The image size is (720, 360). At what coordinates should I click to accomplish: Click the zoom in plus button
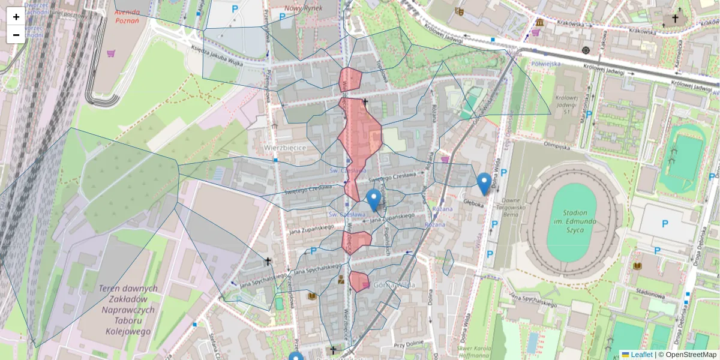pos(16,17)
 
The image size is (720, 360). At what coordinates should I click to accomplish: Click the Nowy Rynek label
pos(303,8)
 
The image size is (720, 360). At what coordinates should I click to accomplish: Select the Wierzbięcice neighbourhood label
pos(285,147)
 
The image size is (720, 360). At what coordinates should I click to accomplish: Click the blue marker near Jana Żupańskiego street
pos(374,200)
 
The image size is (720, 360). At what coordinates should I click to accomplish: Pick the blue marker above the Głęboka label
pos(484,183)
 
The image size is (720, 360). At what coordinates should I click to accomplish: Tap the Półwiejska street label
pos(545,63)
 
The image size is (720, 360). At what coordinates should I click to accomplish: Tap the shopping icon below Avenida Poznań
pos(111,53)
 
